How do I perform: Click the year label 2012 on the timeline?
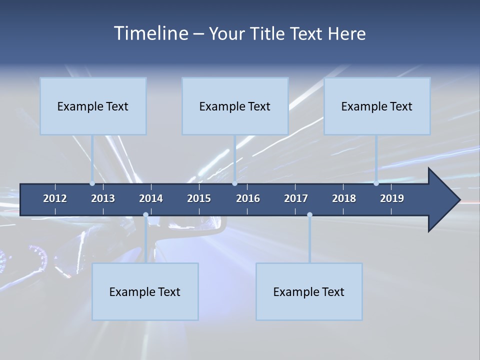pyautogui.click(x=55, y=198)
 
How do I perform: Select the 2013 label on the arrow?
pyautogui.click(x=103, y=198)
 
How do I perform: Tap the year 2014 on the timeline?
pyautogui.click(x=151, y=198)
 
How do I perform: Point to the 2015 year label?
pyautogui.click(x=199, y=198)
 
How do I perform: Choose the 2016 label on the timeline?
pyautogui.click(x=248, y=198)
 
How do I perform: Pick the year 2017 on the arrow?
pyautogui.click(x=296, y=198)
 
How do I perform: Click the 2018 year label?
pyautogui.click(x=344, y=198)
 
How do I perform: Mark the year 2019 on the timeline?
pyautogui.click(x=392, y=198)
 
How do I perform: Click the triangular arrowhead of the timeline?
pyautogui.click(x=442, y=200)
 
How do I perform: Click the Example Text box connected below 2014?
pyautogui.click(x=145, y=291)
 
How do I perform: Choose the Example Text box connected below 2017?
pyautogui.click(x=309, y=291)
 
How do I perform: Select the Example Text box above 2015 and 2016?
pyautogui.click(x=235, y=106)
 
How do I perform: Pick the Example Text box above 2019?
pyautogui.click(x=377, y=106)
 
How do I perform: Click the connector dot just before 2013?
pyautogui.click(x=92, y=183)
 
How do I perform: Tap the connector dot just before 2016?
pyautogui.click(x=235, y=183)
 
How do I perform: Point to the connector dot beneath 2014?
pyautogui.click(x=145, y=215)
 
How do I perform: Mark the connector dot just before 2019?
pyautogui.click(x=376, y=183)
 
